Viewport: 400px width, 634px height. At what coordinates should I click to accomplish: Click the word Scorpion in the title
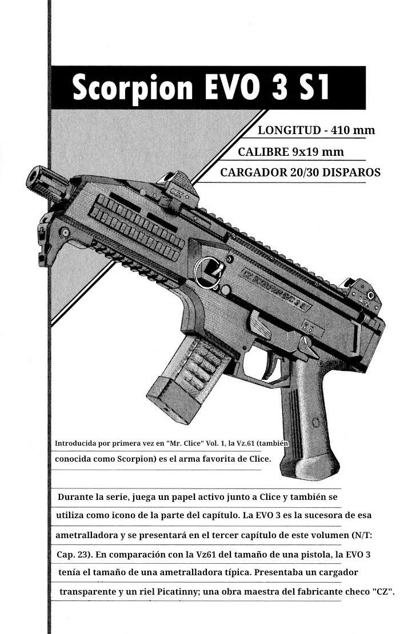tap(133, 88)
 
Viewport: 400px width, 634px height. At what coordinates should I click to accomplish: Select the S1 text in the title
tap(309, 88)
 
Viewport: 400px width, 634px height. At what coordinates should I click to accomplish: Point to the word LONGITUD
tap(289, 130)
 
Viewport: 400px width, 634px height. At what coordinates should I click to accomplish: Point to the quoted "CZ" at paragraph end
tap(383, 592)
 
